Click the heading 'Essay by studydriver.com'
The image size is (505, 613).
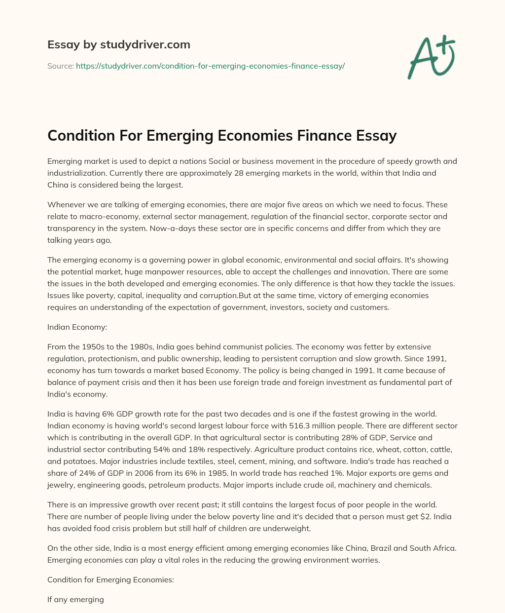coord(118,45)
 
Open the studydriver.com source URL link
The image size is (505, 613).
coord(210,66)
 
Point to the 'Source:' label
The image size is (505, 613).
coord(60,66)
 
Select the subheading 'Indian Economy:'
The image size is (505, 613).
coord(74,326)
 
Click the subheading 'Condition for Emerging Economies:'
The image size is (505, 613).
coord(110,580)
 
